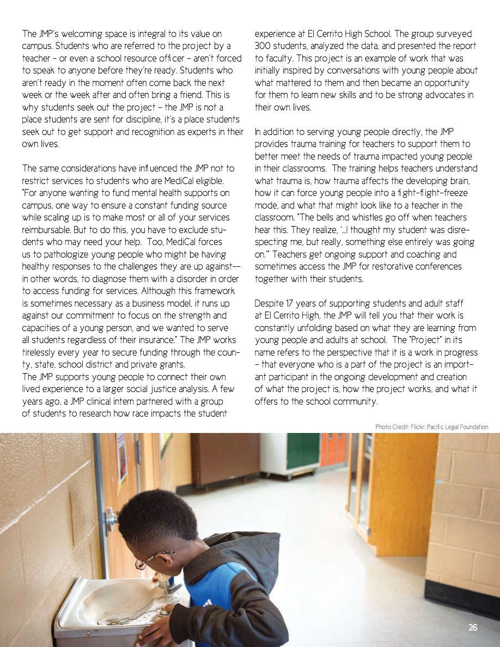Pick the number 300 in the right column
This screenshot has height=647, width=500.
click(x=265, y=46)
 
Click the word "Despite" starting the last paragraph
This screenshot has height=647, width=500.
click(x=270, y=303)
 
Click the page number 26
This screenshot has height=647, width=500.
click(x=473, y=628)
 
